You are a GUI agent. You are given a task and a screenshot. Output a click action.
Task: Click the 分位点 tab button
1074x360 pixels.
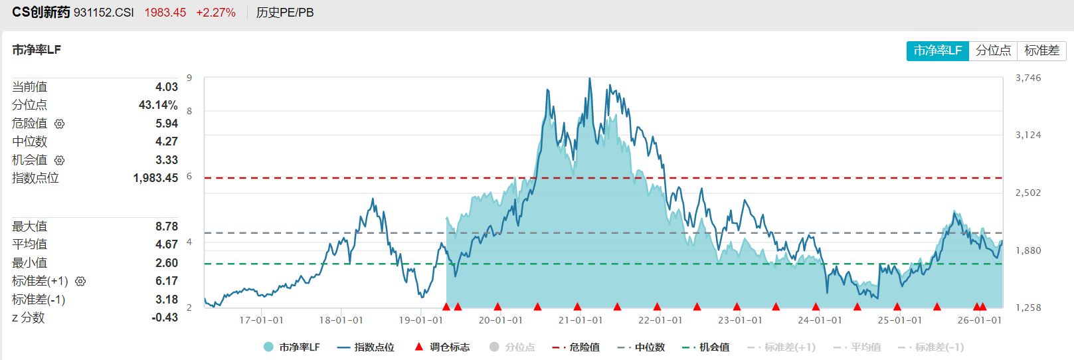click(x=993, y=50)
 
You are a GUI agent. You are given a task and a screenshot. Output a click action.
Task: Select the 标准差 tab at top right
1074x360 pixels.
click(x=1041, y=50)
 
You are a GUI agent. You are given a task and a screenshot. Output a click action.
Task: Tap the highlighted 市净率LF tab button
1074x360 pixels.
click(x=937, y=50)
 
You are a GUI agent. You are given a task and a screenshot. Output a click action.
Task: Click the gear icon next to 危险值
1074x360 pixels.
click(x=59, y=124)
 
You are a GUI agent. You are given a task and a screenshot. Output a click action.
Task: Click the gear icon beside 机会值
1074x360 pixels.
click(x=59, y=160)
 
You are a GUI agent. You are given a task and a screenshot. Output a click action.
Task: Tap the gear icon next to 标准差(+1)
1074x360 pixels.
click(x=80, y=282)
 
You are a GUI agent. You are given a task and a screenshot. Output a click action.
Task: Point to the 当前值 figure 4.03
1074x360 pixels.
click(x=166, y=87)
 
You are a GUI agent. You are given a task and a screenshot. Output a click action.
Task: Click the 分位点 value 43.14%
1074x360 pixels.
click(x=158, y=105)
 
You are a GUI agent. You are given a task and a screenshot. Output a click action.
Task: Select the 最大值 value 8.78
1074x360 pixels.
click(x=166, y=226)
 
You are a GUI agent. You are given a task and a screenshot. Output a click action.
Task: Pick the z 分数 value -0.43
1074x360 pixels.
click(x=164, y=317)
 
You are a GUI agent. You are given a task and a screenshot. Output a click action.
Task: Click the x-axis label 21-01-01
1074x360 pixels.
click(x=580, y=320)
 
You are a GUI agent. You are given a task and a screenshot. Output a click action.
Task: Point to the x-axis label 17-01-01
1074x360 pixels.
click(x=261, y=320)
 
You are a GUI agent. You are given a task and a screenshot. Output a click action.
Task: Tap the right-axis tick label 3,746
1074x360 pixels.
click(x=1028, y=78)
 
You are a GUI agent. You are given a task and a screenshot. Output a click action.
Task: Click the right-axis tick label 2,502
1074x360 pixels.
click(x=1028, y=193)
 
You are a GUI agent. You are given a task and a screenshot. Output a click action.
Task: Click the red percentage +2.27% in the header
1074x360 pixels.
click(x=216, y=13)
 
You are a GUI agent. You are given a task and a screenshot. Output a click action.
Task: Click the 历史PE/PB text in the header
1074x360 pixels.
click(x=285, y=13)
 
